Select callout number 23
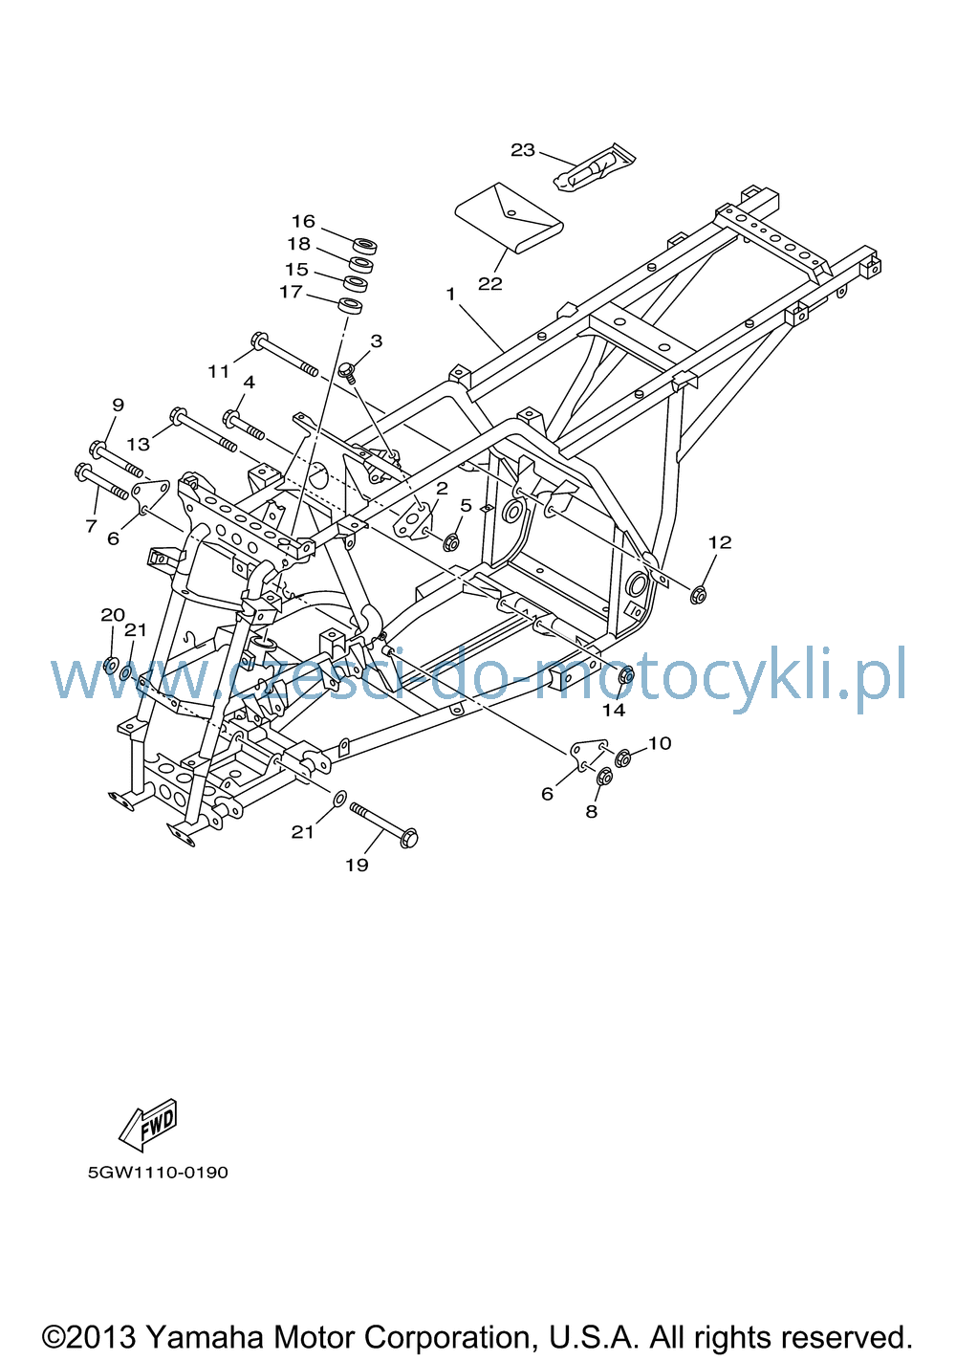(522, 149)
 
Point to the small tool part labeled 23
(595, 167)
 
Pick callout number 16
(303, 221)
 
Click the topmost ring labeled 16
(365, 246)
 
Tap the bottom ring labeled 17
(350, 306)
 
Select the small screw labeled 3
(348, 371)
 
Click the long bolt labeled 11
(284, 354)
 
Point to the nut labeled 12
(698, 594)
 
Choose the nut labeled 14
(626, 674)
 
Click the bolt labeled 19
(384, 825)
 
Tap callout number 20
(113, 616)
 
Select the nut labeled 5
(450, 541)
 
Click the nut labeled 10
(622, 758)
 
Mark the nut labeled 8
(604, 776)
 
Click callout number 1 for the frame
(450, 295)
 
